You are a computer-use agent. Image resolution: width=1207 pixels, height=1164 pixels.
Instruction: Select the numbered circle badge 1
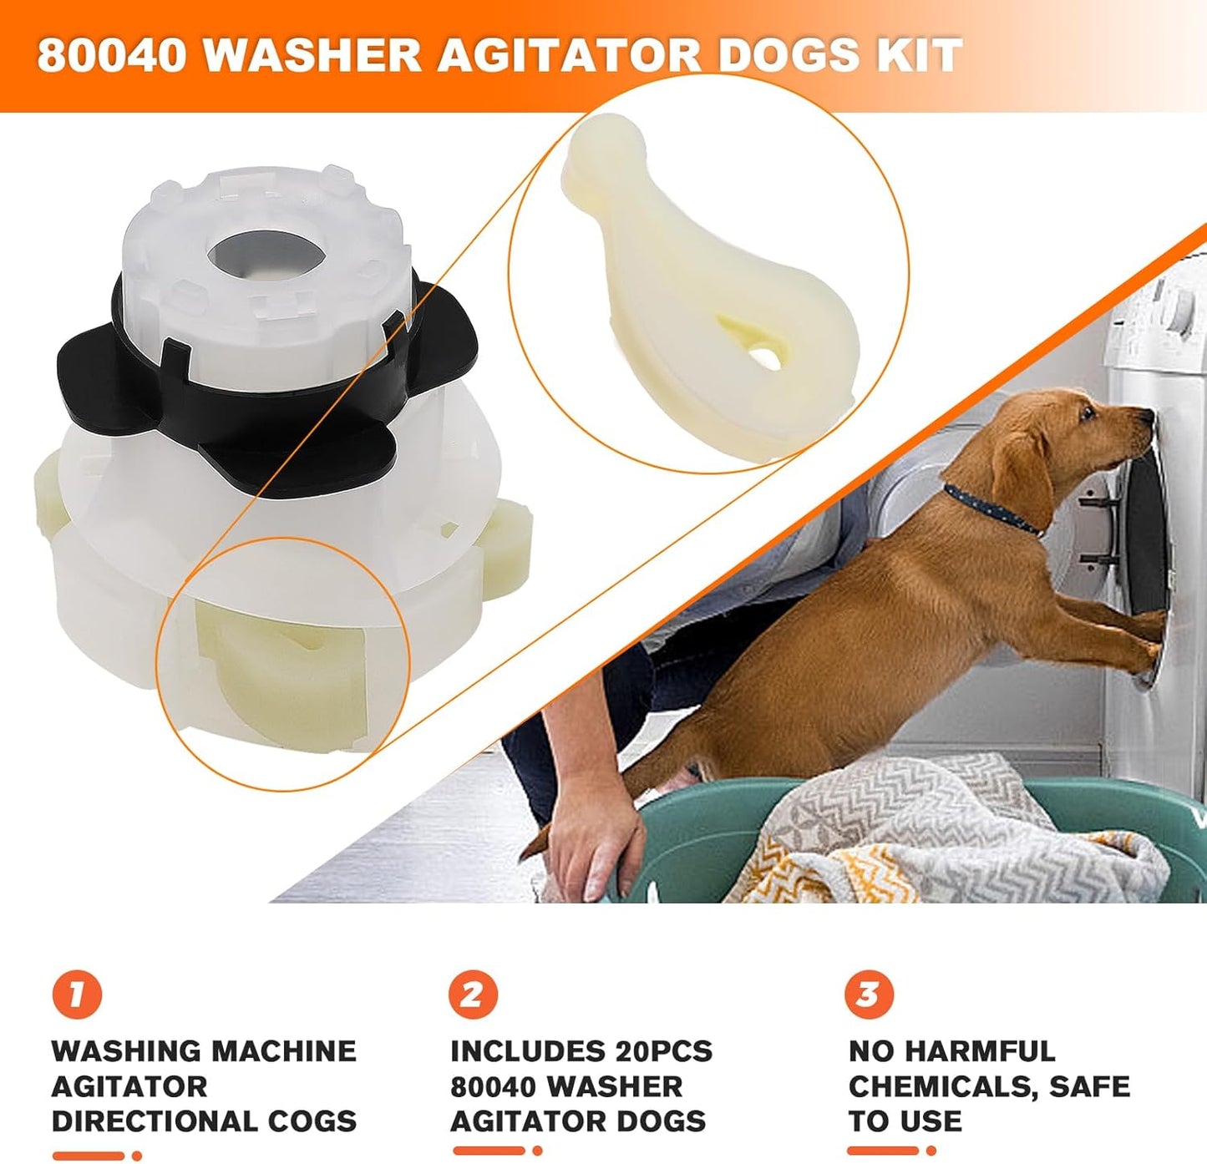(x=76, y=994)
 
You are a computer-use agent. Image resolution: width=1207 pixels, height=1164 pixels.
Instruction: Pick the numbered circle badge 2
(x=473, y=994)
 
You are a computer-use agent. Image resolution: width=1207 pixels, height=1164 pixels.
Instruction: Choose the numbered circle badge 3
(x=869, y=994)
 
